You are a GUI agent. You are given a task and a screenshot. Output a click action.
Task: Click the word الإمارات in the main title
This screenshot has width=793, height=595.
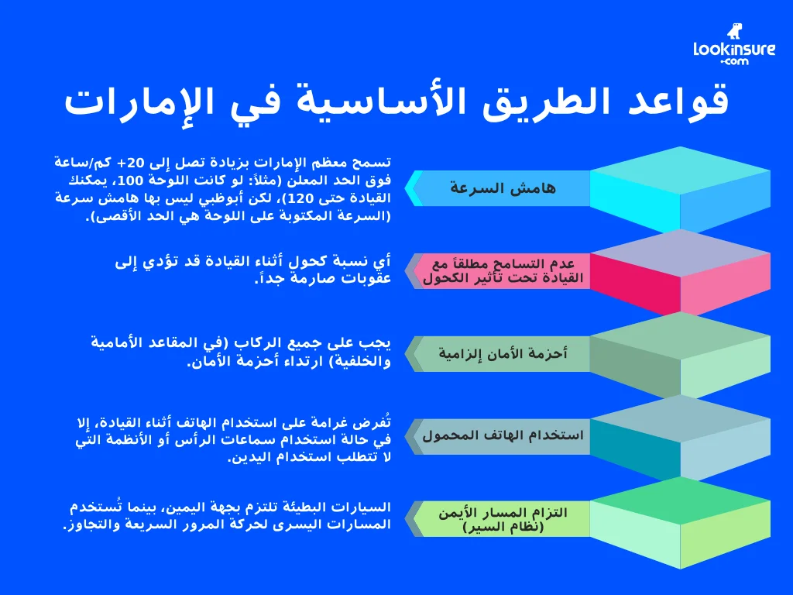127,102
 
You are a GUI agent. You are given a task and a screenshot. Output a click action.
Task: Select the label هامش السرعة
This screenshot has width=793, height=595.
503,188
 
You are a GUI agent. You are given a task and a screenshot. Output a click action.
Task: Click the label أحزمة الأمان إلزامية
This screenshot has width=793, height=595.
503,354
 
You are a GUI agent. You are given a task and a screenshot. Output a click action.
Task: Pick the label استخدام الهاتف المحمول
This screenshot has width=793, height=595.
503,435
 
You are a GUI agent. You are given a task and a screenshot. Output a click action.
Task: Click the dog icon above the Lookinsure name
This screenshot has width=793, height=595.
733,30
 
